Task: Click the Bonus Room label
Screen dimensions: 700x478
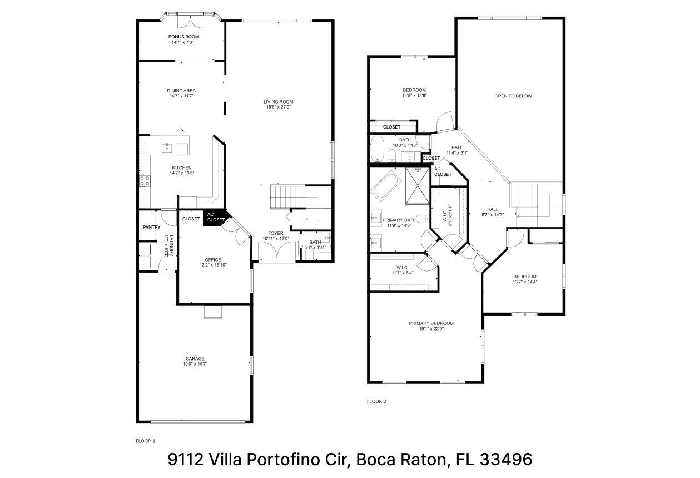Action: [183, 37]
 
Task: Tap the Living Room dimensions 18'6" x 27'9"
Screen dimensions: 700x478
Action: [278, 107]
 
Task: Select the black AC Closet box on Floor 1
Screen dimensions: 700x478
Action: [215, 217]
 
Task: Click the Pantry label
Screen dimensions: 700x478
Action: [152, 227]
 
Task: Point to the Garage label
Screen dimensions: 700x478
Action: [195, 359]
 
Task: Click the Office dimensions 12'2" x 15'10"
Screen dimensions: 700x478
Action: [213, 265]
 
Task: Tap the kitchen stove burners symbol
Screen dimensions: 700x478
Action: [145, 180]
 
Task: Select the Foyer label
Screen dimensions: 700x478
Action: [276, 233]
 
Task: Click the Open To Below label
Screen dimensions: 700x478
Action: [513, 96]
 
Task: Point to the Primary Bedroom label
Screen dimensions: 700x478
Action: [431, 323]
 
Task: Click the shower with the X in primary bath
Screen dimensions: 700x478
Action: [418, 186]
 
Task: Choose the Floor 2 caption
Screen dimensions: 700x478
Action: [376, 401]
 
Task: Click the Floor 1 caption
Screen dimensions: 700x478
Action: [145, 441]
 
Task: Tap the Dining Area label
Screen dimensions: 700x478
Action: [181, 91]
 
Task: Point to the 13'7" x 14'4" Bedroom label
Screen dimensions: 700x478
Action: [525, 279]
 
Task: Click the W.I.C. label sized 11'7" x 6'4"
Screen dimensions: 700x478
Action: [402, 270]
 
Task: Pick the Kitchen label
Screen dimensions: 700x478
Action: [182, 168]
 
